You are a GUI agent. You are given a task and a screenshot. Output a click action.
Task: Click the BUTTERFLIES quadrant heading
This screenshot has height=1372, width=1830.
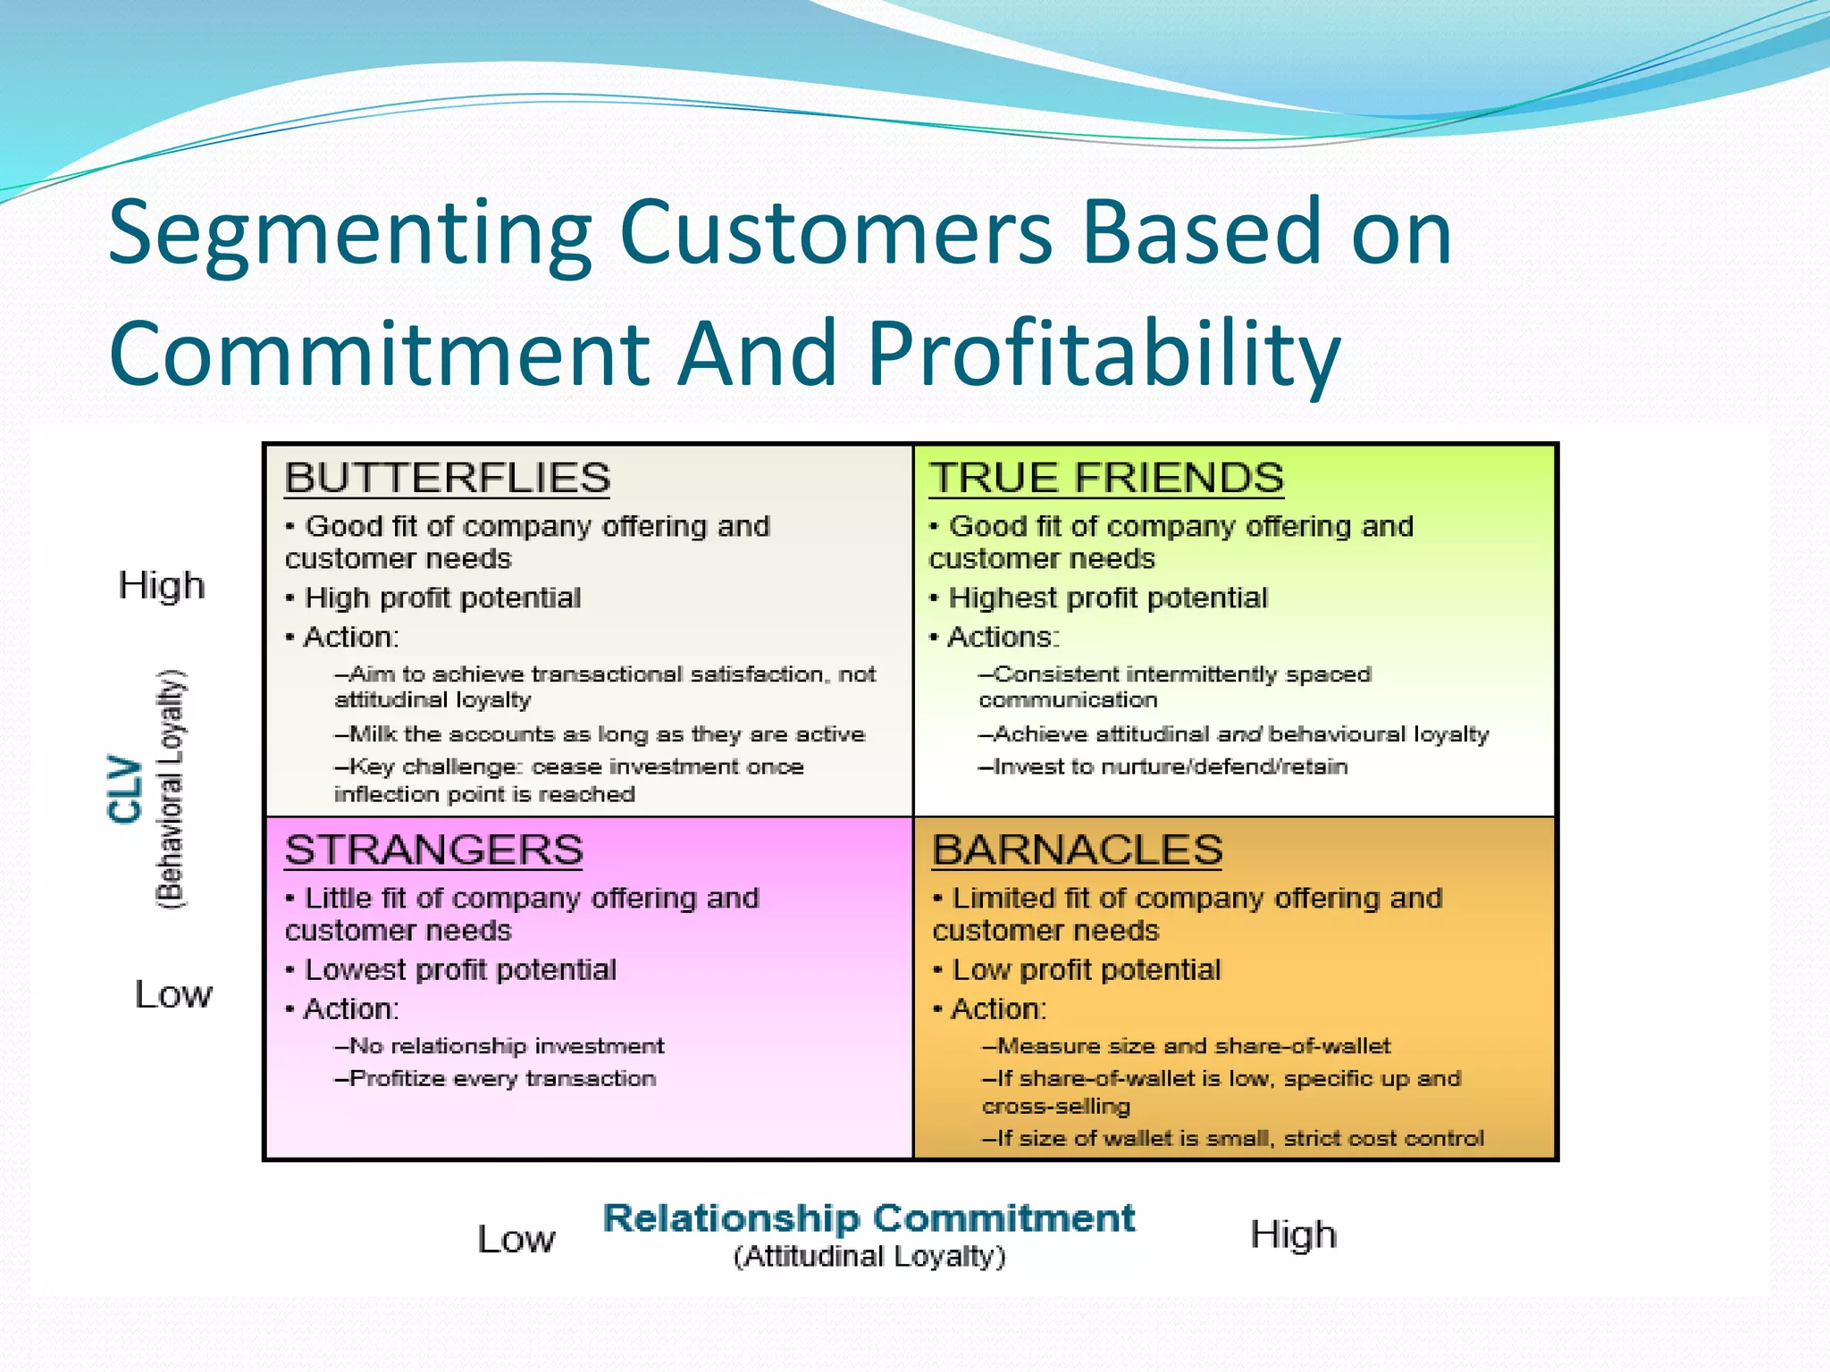pyautogui.click(x=447, y=478)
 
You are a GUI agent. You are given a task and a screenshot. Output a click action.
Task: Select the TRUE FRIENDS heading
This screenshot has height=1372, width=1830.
pyautogui.click(x=1106, y=478)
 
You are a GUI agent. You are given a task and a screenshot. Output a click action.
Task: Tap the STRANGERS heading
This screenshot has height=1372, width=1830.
pyautogui.click(x=433, y=849)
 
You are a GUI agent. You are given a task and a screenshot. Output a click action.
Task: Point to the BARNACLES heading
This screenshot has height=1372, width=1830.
pyautogui.click(x=1077, y=849)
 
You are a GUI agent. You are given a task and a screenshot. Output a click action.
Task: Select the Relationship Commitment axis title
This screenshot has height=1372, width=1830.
pyautogui.click(x=869, y=1218)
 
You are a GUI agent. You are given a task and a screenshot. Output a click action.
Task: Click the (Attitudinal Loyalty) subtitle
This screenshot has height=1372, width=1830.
pyautogui.click(x=869, y=1257)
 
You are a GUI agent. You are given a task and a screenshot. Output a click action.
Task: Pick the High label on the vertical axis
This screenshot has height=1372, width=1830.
pyautogui.click(x=162, y=586)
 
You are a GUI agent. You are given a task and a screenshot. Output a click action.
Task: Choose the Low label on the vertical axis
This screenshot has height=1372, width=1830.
pyautogui.click(x=173, y=994)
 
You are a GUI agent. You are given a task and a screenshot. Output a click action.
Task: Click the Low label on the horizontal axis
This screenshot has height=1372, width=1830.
pyautogui.click(x=516, y=1239)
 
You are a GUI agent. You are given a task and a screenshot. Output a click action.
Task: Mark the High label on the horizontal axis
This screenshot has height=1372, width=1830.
pyautogui.click(x=1293, y=1234)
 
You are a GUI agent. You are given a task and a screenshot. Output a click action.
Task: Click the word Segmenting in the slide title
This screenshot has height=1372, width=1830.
pyautogui.click(x=349, y=234)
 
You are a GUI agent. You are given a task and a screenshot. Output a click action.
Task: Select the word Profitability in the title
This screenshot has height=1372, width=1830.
pyautogui.click(x=1104, y=355)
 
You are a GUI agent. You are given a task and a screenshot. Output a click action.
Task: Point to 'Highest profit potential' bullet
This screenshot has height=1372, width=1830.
pyautogui.click(x=1107, y=598)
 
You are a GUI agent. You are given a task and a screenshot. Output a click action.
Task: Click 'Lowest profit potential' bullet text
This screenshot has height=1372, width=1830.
pyautogui.click(x=460, y=970)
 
